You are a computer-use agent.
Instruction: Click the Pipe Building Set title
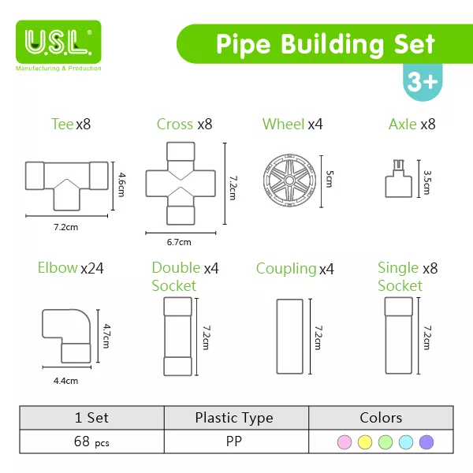click(325, 43)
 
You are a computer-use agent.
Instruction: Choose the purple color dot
click(426, 441)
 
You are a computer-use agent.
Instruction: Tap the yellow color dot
click(364, 441)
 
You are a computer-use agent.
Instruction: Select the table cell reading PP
click(234, 441)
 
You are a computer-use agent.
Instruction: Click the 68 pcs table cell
click(91, 441)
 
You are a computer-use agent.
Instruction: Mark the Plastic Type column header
click(234, 418)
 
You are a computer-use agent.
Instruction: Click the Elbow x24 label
click(70, 268)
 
